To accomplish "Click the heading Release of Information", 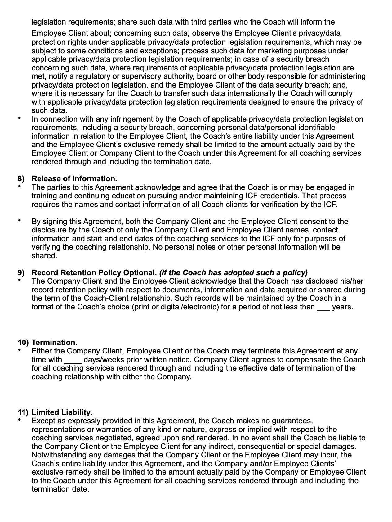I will coord(74,179).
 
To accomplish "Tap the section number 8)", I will coord(21,179).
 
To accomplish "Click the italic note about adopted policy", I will coord(233,273).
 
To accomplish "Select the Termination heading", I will coord(53,343).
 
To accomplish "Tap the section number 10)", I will coord(23,343).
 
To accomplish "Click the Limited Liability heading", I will coord(61,412).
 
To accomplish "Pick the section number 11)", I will coord(23,412).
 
